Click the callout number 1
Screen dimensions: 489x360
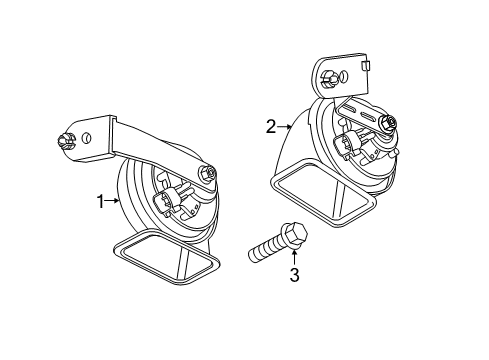point(100,202)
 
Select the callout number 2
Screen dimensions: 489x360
point(271,127)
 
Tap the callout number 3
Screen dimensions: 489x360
point(294,275)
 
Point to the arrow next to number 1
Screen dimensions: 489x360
point(112,201)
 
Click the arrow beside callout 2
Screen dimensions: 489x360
point(285,127)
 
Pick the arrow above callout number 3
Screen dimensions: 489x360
point(294,258)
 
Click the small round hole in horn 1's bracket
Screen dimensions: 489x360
point(86,137)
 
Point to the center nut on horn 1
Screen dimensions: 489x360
point(207,173)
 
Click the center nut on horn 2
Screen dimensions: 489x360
point(388,123)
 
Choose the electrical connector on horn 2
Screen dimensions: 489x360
point(347,143)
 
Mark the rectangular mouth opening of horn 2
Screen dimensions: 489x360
point(323,194)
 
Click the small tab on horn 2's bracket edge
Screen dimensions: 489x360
point(365,65)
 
